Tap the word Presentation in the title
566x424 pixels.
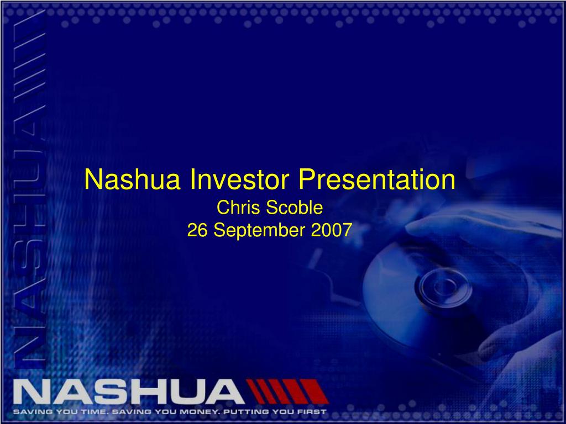(x=378, y=180)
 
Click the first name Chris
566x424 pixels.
(x=230, y=208)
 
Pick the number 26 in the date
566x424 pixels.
(x=198, y=230)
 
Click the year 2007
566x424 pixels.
(x=331, y=230)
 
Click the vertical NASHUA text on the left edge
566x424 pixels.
(x=28, y=248)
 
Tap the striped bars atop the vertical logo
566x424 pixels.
(x=28, y=66)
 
